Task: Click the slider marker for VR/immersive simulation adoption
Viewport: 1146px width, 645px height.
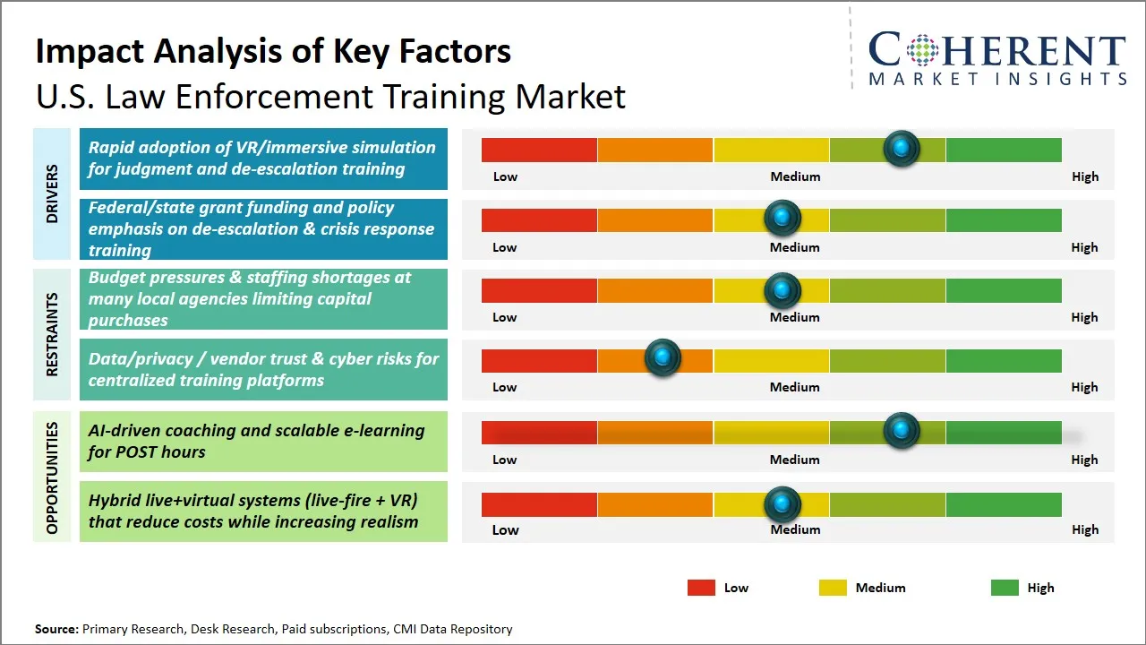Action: (x=902, y=148)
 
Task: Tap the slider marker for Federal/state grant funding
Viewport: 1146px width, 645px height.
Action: (x=783, y=218)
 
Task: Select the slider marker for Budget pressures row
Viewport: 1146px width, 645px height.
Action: (x=783, y=289)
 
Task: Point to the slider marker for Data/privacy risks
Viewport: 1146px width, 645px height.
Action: (x=663, y=358)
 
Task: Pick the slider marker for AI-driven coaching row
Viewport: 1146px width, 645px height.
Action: (x=902, y=431)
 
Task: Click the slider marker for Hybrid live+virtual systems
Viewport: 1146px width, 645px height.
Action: (x=783, y=504)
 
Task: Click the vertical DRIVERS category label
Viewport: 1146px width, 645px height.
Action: (x=52, y=193)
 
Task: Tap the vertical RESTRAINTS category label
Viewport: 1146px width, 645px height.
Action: (x=52, y=335)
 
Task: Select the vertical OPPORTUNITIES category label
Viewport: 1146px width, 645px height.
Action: (x=52, y=477)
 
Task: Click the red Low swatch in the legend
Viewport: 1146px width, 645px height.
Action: (x=701, y=588)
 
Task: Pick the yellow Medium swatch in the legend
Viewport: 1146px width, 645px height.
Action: (x=833, y=588)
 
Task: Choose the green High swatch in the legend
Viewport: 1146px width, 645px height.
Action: (x=1005, y=588)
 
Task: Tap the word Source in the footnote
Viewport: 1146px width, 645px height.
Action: (x=56, y=630)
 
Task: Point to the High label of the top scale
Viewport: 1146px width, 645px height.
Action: (x=1084, y=176)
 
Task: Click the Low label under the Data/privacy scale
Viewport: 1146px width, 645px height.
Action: (x=505, y=387)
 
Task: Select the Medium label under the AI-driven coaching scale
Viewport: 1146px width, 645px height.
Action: (x=794, y=460)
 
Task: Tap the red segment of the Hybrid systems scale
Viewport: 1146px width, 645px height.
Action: (x=539, y=504)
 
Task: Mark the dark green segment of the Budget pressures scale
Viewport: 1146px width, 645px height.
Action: (x=1003, y=289)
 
